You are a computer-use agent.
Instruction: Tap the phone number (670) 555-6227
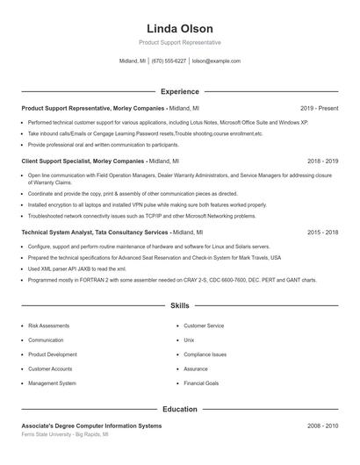(169, 61)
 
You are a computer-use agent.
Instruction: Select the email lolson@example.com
(216, 61)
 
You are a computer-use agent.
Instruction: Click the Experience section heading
(179, 91)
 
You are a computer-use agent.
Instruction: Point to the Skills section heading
(179, 306)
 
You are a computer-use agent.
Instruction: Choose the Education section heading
(179, 409)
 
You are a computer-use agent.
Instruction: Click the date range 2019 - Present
(319, 108)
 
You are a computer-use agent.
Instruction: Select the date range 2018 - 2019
(323, 161)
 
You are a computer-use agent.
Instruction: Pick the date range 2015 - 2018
(323, 232)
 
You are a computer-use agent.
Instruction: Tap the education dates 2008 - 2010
(323, 426)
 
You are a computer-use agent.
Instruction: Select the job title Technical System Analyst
(56, 232)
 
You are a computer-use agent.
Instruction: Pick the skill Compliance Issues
(205, 354)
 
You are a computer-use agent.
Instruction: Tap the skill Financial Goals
(201, 383)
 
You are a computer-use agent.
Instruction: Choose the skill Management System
(52, 383)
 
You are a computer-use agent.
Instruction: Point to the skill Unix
(189, 340)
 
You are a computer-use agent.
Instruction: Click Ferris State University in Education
(51, 434)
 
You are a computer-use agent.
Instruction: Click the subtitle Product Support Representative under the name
(179, 42)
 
